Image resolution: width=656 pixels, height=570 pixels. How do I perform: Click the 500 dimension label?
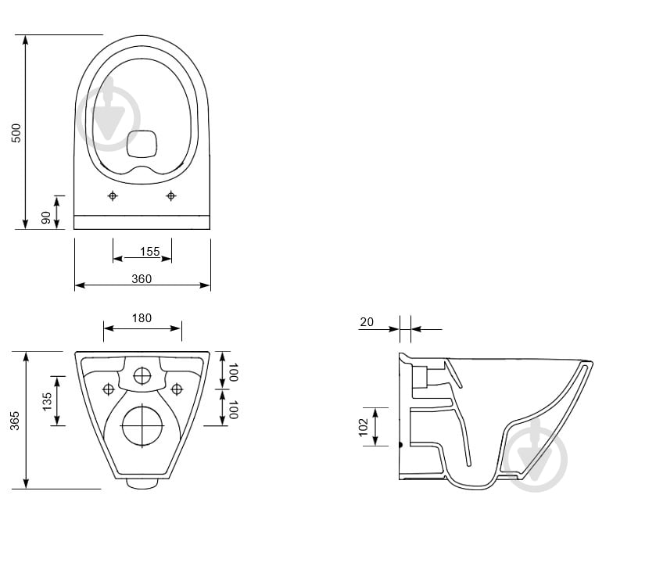[x=16, y=133]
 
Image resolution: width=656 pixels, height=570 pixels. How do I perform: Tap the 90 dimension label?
[x=45, y=217]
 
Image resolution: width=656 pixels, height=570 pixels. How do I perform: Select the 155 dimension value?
[x=150, y=252]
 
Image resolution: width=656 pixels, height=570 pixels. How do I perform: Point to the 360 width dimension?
[x=142, y=278]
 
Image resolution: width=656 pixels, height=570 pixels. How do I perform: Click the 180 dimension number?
[x=142, y=318]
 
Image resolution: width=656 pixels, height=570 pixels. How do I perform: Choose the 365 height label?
[x=15, y=421]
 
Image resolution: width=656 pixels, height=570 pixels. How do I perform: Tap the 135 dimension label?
[x=47, y=401]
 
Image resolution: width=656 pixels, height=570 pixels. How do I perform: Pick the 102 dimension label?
[x=363, y=427]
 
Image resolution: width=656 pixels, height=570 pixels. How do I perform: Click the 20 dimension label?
[x=367, y=322]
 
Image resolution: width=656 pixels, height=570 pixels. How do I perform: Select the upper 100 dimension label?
[x=234, y=372]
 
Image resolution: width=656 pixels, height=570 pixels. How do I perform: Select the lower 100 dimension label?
[x=234, y=409]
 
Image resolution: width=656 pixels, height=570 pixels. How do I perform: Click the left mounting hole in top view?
[x=113, y=195]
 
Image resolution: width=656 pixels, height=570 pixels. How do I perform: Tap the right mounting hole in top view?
[x=170, y=195]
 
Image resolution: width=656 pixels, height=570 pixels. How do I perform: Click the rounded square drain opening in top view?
[x=142, y=144]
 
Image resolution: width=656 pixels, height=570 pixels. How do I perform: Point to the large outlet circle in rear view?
[x=142, y=426]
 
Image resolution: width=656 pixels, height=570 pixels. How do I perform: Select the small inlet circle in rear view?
[x=142, y=376]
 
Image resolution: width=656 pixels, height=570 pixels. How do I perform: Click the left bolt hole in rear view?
[x=108, y=389]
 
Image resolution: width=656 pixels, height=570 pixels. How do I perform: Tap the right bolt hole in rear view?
[x=177, y=389]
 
